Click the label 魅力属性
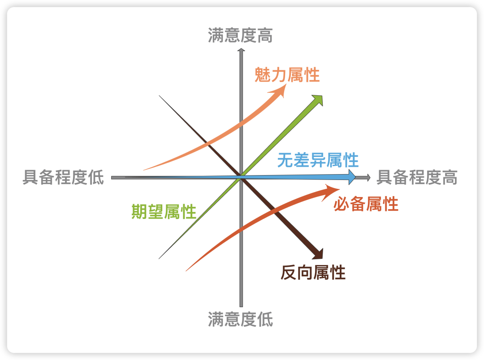(287, 75)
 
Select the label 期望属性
(164, 211)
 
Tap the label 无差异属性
(318, 160)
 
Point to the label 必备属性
(366, 204)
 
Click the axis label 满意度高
(240, 36)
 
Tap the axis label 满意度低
(240, 320)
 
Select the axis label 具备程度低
(63, 178)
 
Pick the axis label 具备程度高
(417, 178)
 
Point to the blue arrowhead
(352, 176)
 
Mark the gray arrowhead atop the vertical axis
(241, 51)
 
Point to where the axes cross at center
(241, 178)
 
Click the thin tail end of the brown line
(160, 96)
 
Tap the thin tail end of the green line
(160, 258)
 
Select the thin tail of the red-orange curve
(186, 270)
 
